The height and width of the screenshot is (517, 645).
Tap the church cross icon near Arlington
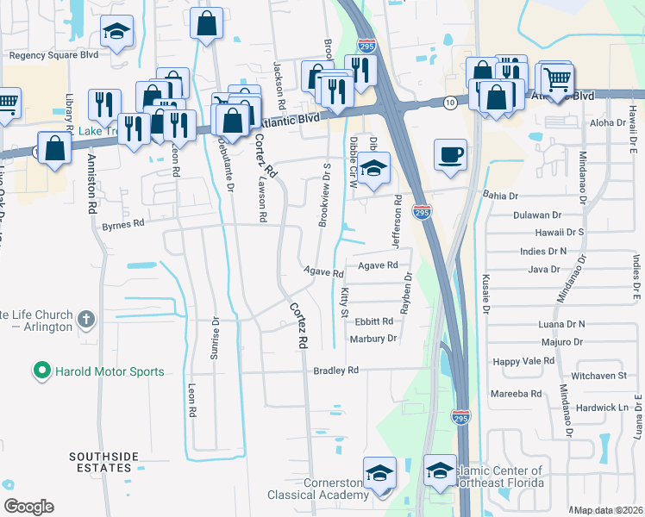(85, 320)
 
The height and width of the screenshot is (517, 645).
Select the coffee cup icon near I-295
(450, 155)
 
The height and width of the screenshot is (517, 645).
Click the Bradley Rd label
(335, 371)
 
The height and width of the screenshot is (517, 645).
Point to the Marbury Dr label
(373, 339)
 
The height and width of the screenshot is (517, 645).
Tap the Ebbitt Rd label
(374, 321)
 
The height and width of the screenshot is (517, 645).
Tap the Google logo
(28, 507)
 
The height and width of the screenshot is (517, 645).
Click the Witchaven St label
(598, 377)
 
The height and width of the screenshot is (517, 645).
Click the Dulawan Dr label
(537, 215)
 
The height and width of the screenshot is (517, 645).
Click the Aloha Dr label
(608, 123)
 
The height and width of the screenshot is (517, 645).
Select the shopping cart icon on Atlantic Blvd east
(558, 79)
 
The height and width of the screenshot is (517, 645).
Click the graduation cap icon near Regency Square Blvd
(115, 33)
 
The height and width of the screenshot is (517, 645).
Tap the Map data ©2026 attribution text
(608, 510)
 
